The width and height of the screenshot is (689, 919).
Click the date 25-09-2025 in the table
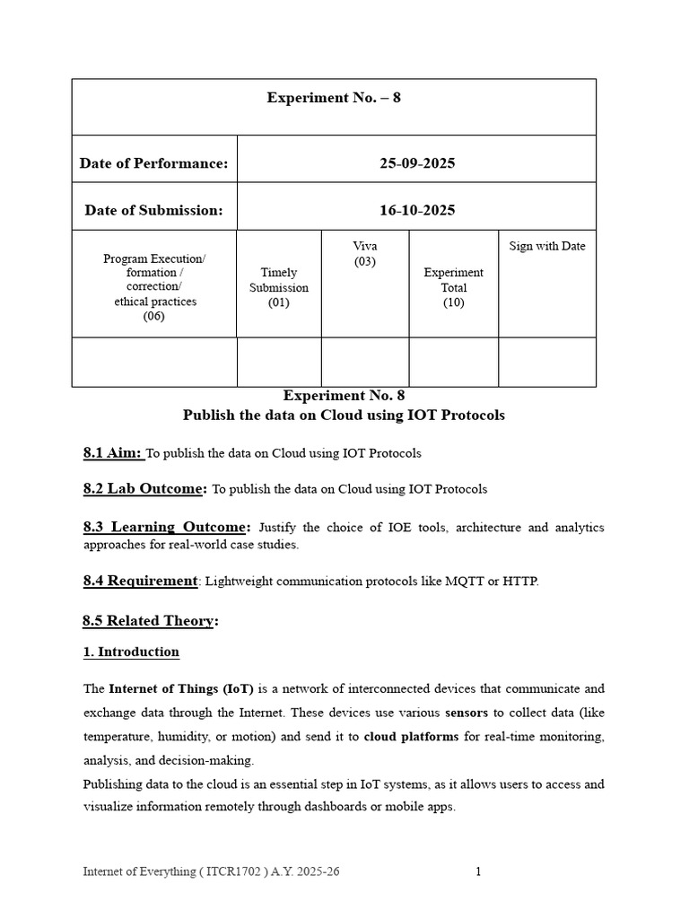point(416,163)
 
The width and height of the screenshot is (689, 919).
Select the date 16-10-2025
point(416,210)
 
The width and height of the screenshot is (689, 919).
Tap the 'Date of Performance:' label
point(153,163)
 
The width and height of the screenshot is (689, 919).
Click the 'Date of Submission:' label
point(153,210)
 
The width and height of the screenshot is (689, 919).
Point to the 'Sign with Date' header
point(546,246)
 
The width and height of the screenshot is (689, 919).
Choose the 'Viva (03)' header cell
point(364,254)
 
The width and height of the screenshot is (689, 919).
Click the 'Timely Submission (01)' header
point(278,287)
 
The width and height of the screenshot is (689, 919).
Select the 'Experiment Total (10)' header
point(453,287)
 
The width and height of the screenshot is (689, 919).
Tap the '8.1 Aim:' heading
point(112,453)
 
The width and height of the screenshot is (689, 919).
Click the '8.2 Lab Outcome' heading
point(144,489)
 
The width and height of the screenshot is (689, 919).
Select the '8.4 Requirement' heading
point(140,581)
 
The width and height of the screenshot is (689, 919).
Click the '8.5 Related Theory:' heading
point(151,621)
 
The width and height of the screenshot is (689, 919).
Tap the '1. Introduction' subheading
point(131,652)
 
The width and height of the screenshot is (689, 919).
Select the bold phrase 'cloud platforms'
point(411,736)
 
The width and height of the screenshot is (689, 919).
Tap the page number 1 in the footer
point(478,871)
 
